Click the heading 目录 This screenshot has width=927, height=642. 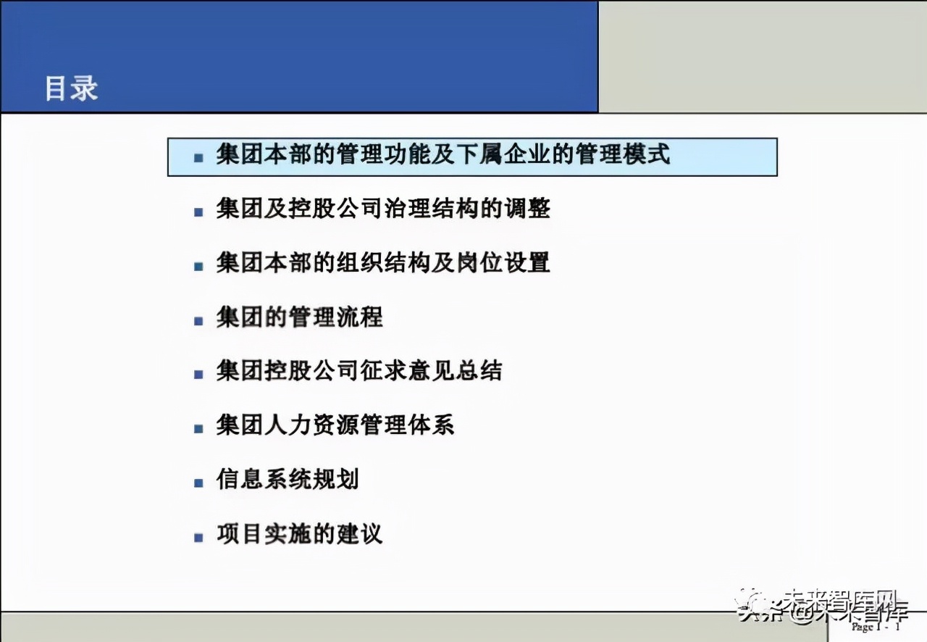pyautogui.click(x=71, y=89)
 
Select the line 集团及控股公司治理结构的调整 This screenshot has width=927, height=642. pyautogui.click(x=383, y=209)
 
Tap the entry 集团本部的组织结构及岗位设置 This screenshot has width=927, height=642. pyautogui.click(x=383, y=263)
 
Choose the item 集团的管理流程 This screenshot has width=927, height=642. pyautogui.click(x=299, y=317)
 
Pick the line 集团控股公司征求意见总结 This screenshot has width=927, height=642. pyautogui.click(x=358, y=372)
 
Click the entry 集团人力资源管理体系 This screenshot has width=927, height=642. pyautogui.click(x=335, y=425)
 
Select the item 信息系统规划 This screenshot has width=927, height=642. pyautogui.click(x=287, y=480)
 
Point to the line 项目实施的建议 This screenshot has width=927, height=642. pyautogui.click(x=299, y=535)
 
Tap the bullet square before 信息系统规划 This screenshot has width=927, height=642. pyautogui.click(x=198, y=483)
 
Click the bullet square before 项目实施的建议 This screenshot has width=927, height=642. pyautogui.click(x=198, y=538)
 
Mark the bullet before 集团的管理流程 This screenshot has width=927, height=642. pyautogui.click(x=198, y=320)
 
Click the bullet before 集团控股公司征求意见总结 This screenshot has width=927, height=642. pyautogui.click(x=198, y=375)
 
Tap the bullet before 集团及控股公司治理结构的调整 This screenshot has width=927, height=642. pyautogui.click(x=198, y=212)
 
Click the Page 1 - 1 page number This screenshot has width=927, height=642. pyautogui.click(x=876, y=627)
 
